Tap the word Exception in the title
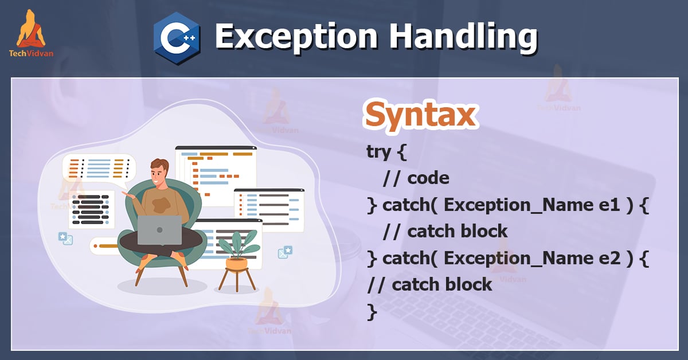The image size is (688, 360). click(297, 37)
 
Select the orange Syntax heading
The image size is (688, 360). click(420, 115)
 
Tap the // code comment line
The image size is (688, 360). click(416, 178)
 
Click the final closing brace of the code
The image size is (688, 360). click(372, 311)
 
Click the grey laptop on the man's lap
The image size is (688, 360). click(159, 230)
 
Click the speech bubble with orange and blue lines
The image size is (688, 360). click(99, 168)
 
